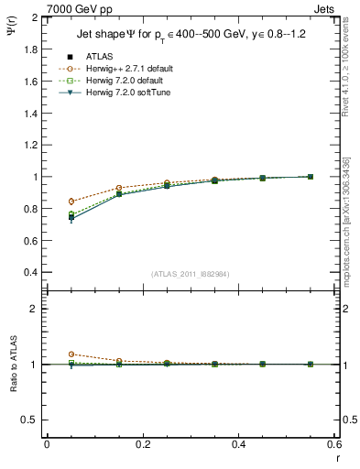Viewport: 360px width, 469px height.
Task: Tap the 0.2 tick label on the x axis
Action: click(x=142, y=444)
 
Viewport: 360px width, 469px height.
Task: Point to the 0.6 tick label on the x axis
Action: click(x=334, y=444)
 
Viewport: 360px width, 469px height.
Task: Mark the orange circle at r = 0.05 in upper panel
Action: click(x=71, y=202)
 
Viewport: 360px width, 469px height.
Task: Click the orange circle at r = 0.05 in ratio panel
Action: click(x=71, y=354)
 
